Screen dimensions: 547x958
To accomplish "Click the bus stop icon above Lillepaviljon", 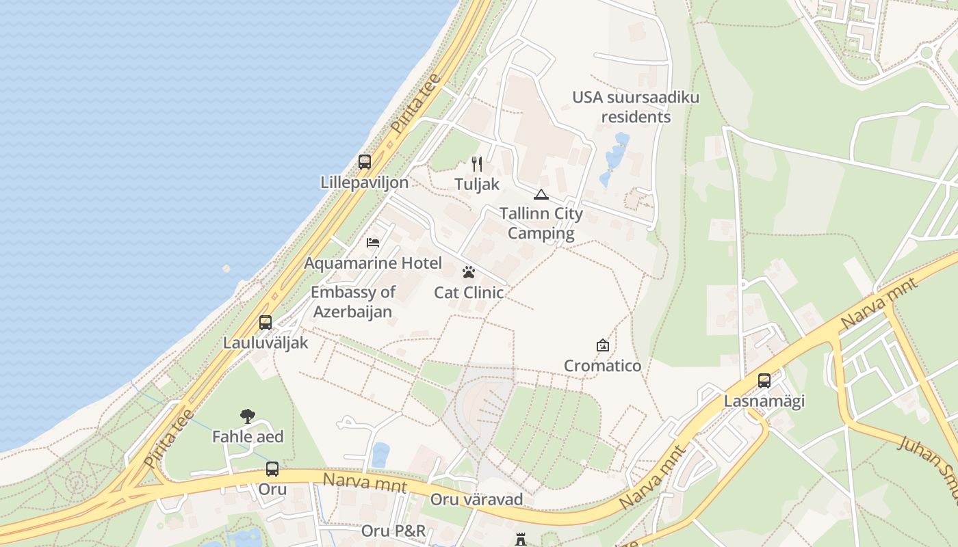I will (365, 162).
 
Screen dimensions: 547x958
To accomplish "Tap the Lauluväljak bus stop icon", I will (266, 323).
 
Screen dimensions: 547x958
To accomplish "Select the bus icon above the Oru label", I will (272, 469).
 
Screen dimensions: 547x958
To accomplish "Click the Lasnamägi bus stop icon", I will (764, 381).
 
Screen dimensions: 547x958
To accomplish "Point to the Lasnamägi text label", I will (764, 401).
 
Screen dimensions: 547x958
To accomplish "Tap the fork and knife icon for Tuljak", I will (477, 164).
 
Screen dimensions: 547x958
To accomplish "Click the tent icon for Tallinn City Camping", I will (541, 194).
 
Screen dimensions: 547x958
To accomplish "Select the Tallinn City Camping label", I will (541, 223).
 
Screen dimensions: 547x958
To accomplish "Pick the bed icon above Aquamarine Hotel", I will (373, 243).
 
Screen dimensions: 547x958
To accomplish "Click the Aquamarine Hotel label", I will (373, 263).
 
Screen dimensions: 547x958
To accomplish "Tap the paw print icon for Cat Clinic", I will (469, 273).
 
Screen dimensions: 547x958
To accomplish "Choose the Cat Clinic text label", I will (469, 293).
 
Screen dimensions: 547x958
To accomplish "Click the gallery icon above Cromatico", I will (602, 345).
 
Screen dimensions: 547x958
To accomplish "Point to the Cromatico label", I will (602, 366).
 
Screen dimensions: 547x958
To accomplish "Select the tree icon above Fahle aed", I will (248, 416).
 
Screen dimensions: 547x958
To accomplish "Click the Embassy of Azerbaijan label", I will (353, 302).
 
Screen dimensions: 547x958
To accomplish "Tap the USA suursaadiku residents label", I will (636, 107).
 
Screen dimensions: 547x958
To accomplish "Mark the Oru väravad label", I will (476, 499).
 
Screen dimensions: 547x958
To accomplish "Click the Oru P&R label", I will (393, 531).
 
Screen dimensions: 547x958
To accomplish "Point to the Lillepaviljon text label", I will (365, 183).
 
